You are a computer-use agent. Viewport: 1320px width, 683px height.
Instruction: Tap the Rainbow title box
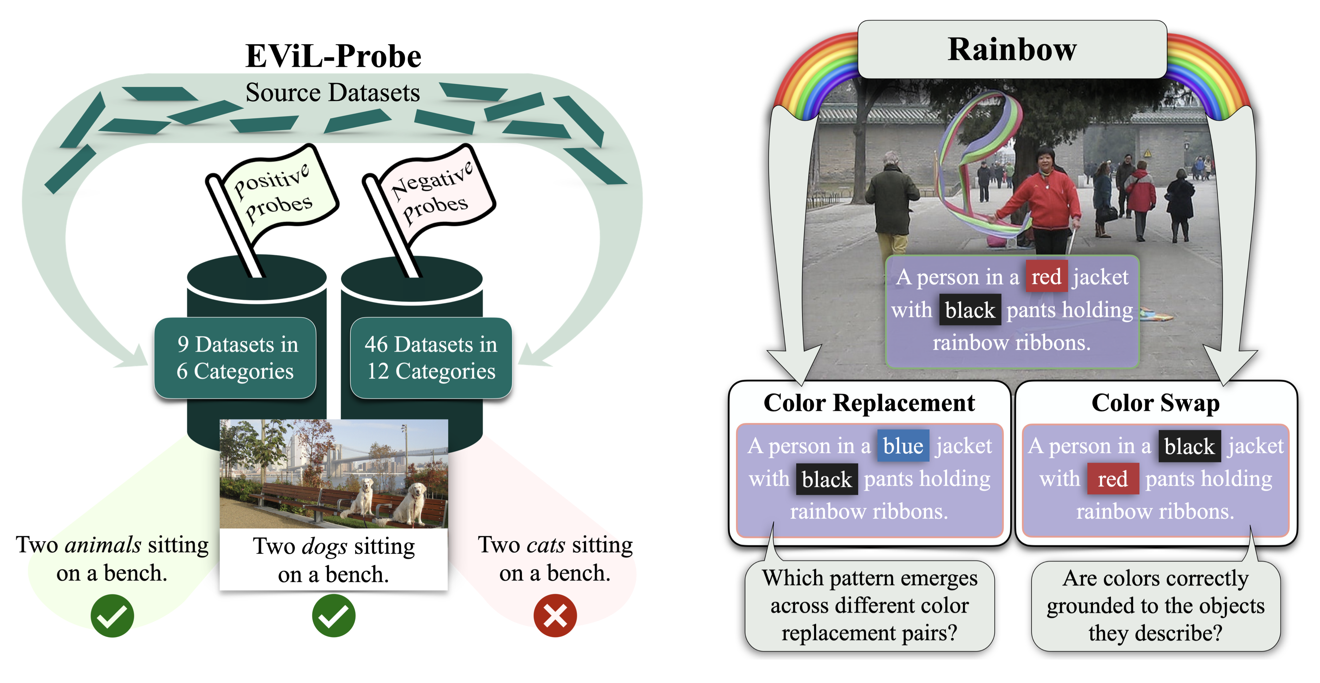[x=1012, y=50]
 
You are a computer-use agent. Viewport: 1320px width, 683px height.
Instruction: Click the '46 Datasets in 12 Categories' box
[x=431, y=358]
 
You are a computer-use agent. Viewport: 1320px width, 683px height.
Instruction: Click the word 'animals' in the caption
[x=103, y=545]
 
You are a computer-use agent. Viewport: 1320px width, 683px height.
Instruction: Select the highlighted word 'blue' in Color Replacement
[x=903, y=446]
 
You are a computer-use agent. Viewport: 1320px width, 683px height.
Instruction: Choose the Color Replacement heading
[x=869, y=403]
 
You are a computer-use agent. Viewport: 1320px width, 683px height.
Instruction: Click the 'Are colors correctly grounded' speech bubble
[x=1155, y=606]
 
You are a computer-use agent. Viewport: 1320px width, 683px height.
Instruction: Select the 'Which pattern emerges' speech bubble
[x=869, y=606]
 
